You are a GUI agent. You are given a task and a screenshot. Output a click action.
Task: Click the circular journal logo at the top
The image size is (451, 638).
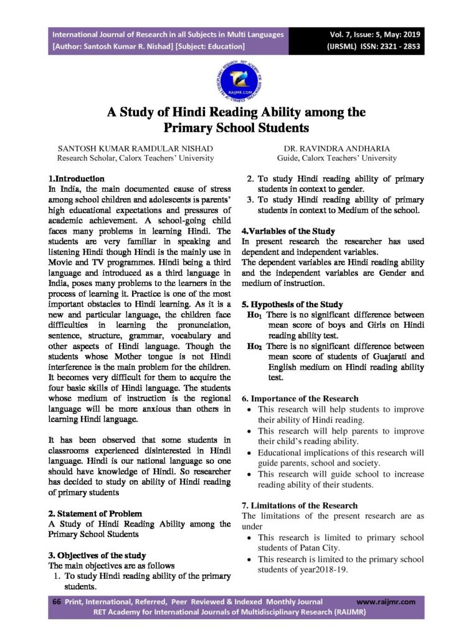(225, 77)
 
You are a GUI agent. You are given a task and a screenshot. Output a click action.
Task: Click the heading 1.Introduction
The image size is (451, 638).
(77, 178)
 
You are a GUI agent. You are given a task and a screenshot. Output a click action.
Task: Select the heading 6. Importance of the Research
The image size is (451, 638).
(300, 398)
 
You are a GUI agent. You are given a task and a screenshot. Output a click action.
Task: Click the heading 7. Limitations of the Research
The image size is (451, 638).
(300, 505)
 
